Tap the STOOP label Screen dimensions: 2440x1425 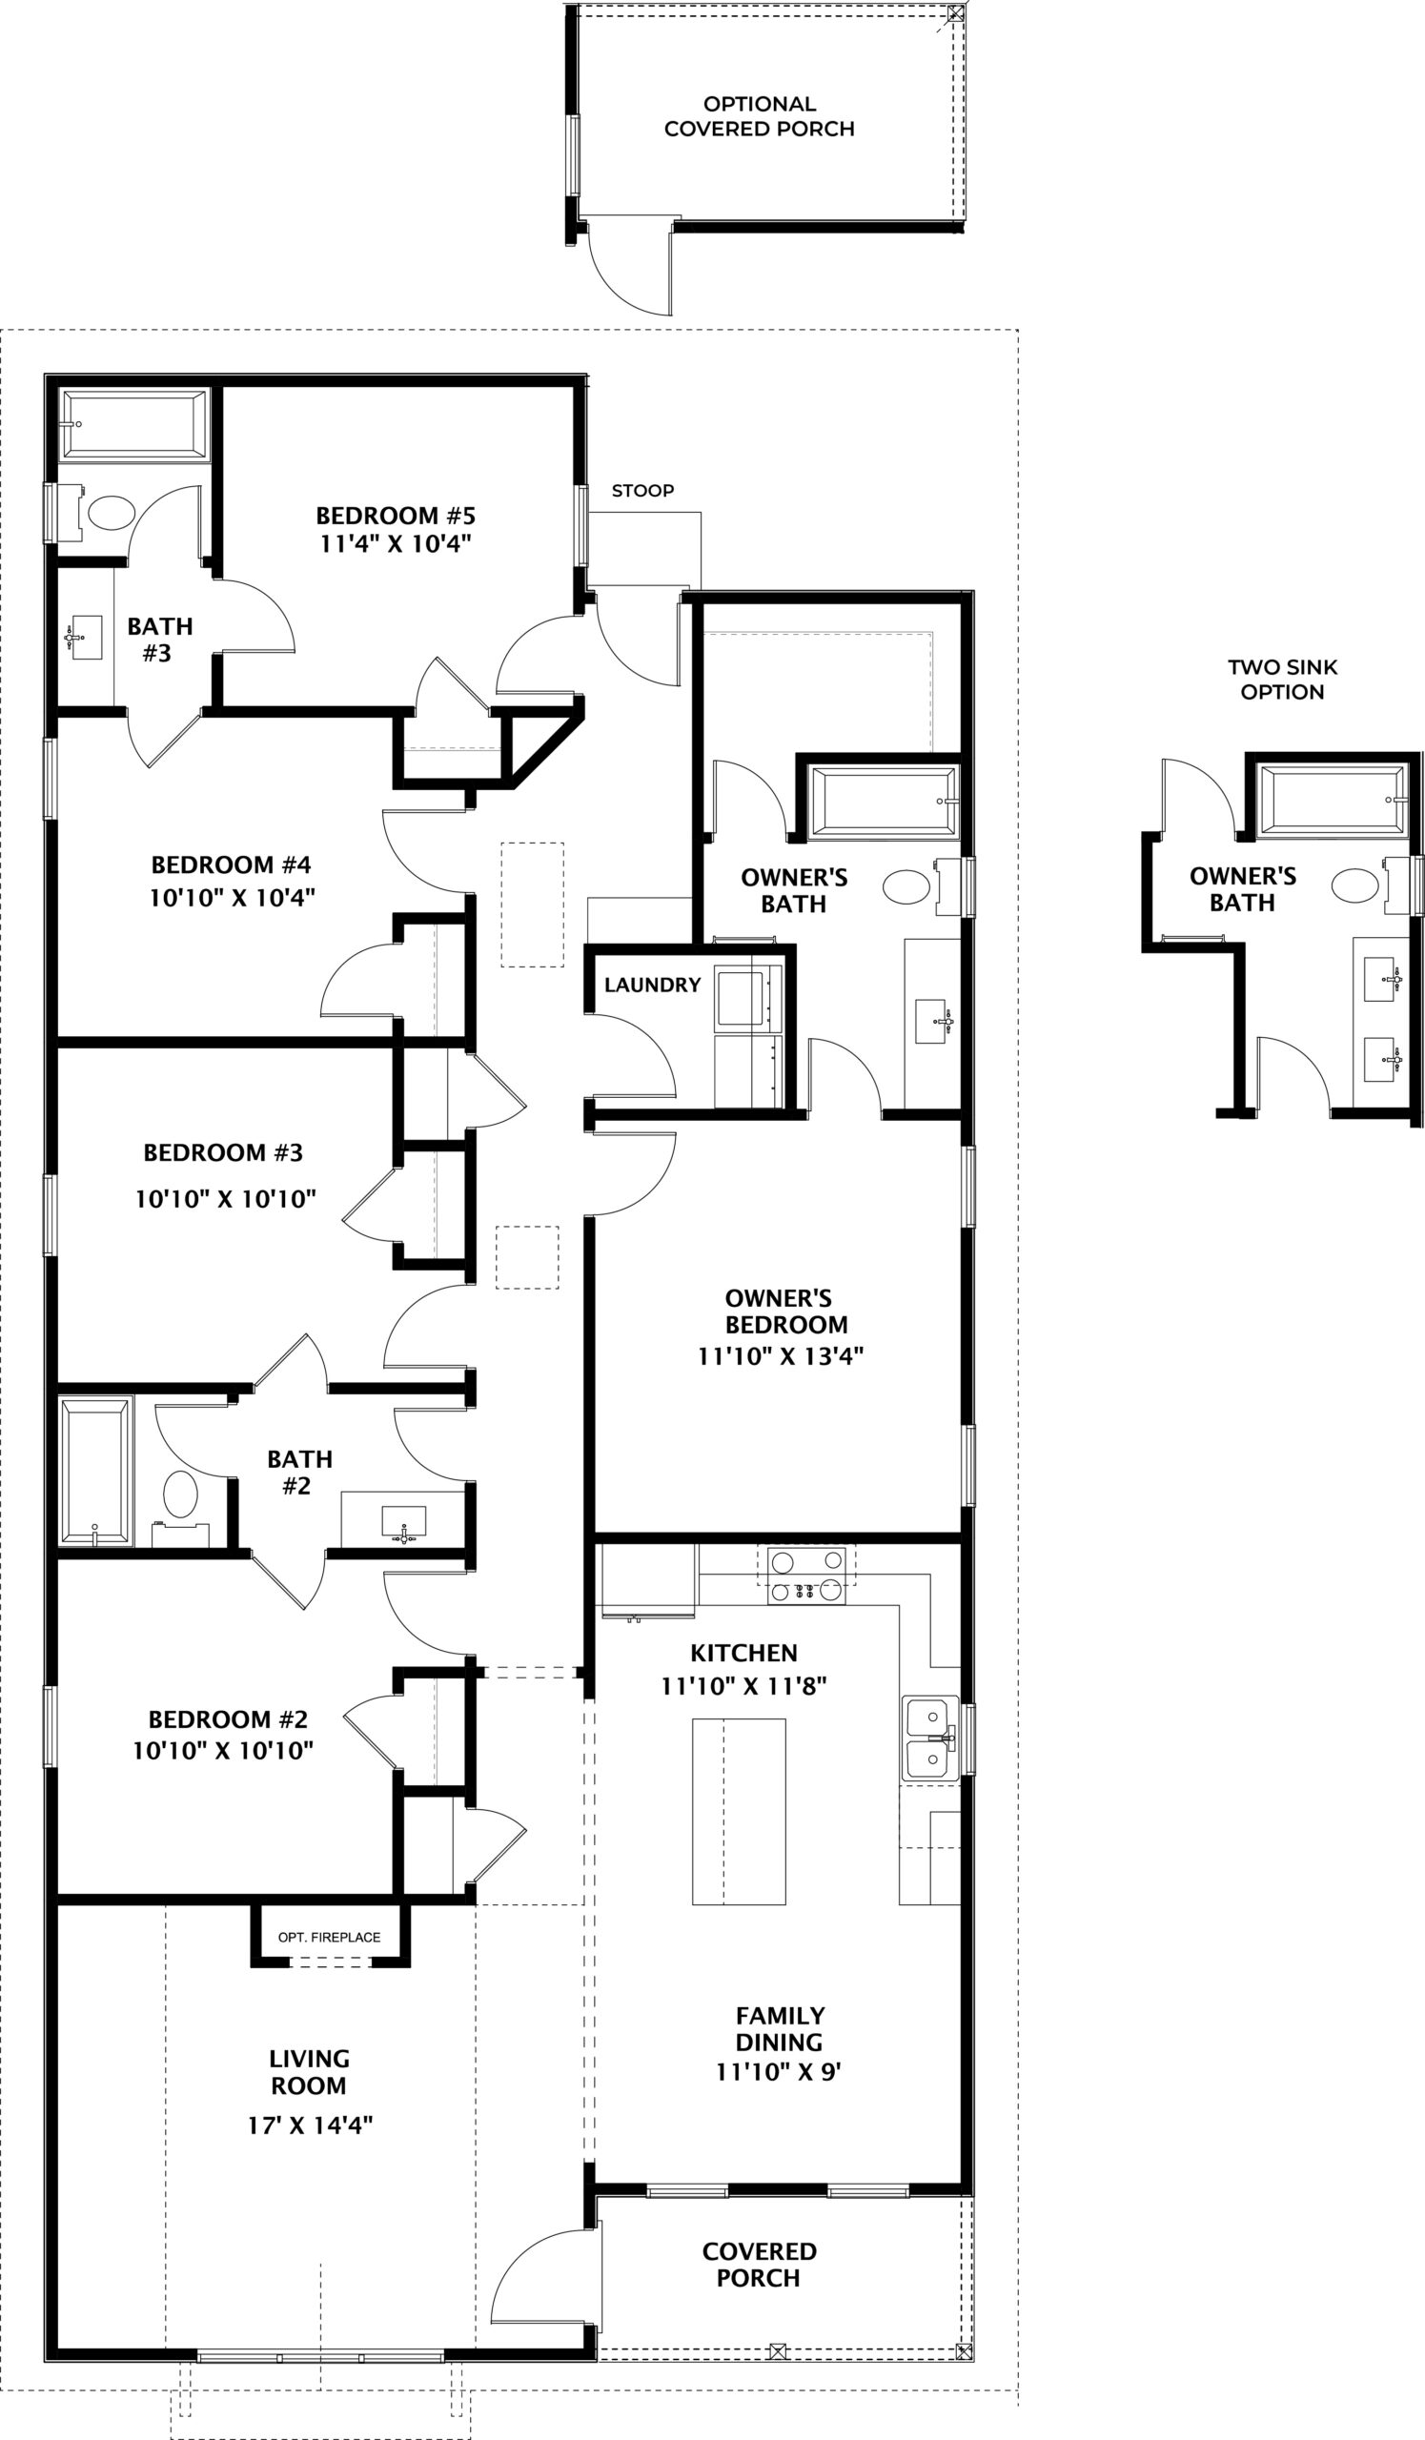click(x=642, y=491)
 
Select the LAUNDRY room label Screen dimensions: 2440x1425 click(x=653, y=985)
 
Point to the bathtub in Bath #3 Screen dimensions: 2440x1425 click(x=132, y=424)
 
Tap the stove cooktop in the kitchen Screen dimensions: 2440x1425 click(x=806, y=1576)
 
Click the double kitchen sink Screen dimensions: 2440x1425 click(x=929, y=1738)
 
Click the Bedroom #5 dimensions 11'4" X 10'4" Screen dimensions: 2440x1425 click(x=396, y=543)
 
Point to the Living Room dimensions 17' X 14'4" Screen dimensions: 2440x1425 click(x=310, y=2125)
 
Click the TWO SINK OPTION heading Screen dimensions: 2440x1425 click(x=1282, y=679)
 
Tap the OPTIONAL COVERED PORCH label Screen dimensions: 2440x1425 click(x=759, y=116)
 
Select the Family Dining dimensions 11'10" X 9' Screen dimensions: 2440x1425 click(x=779, y=2072)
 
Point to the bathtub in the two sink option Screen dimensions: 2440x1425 click(x=1333, y=801)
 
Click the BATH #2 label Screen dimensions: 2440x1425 click(x=299, y=1472)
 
